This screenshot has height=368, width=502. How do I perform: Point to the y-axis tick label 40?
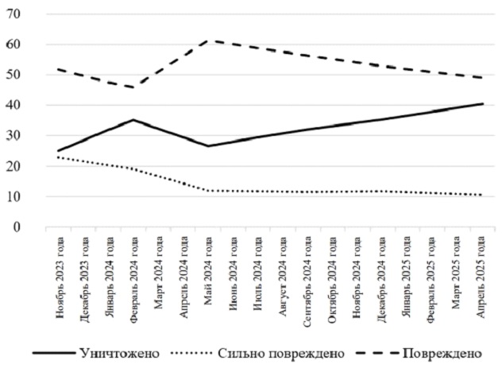point(14,106)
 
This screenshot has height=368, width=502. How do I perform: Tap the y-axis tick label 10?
point(14,196)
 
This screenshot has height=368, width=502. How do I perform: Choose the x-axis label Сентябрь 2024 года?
point(307,276)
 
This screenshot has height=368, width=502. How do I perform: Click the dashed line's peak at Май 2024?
point(208,40)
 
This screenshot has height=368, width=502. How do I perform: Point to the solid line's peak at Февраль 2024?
point(134,120)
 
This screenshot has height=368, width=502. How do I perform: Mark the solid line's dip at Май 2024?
point(208,146)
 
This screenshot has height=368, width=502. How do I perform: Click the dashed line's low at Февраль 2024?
point(134,87)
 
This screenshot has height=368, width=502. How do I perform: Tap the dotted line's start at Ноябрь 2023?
point(58,157)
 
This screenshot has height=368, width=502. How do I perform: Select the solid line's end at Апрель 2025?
point(481,104)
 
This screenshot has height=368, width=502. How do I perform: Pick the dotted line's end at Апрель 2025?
point(481,195)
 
